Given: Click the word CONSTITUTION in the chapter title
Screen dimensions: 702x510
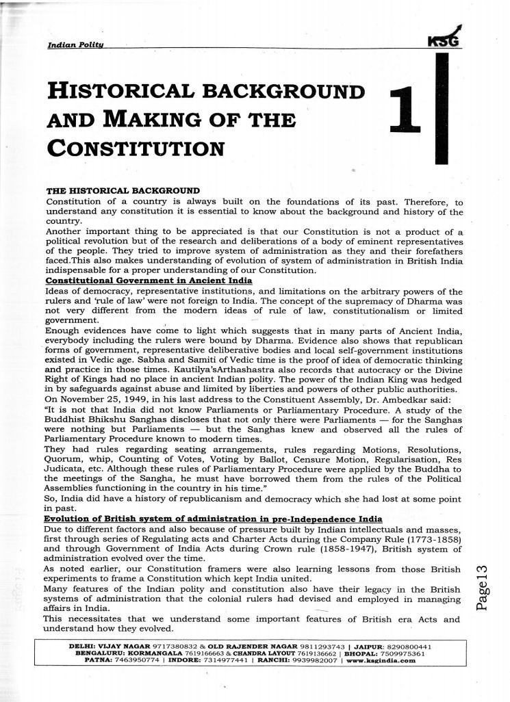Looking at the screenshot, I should click(136, 147).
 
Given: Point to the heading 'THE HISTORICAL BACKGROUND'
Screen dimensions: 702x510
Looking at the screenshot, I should click(122, 190).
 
